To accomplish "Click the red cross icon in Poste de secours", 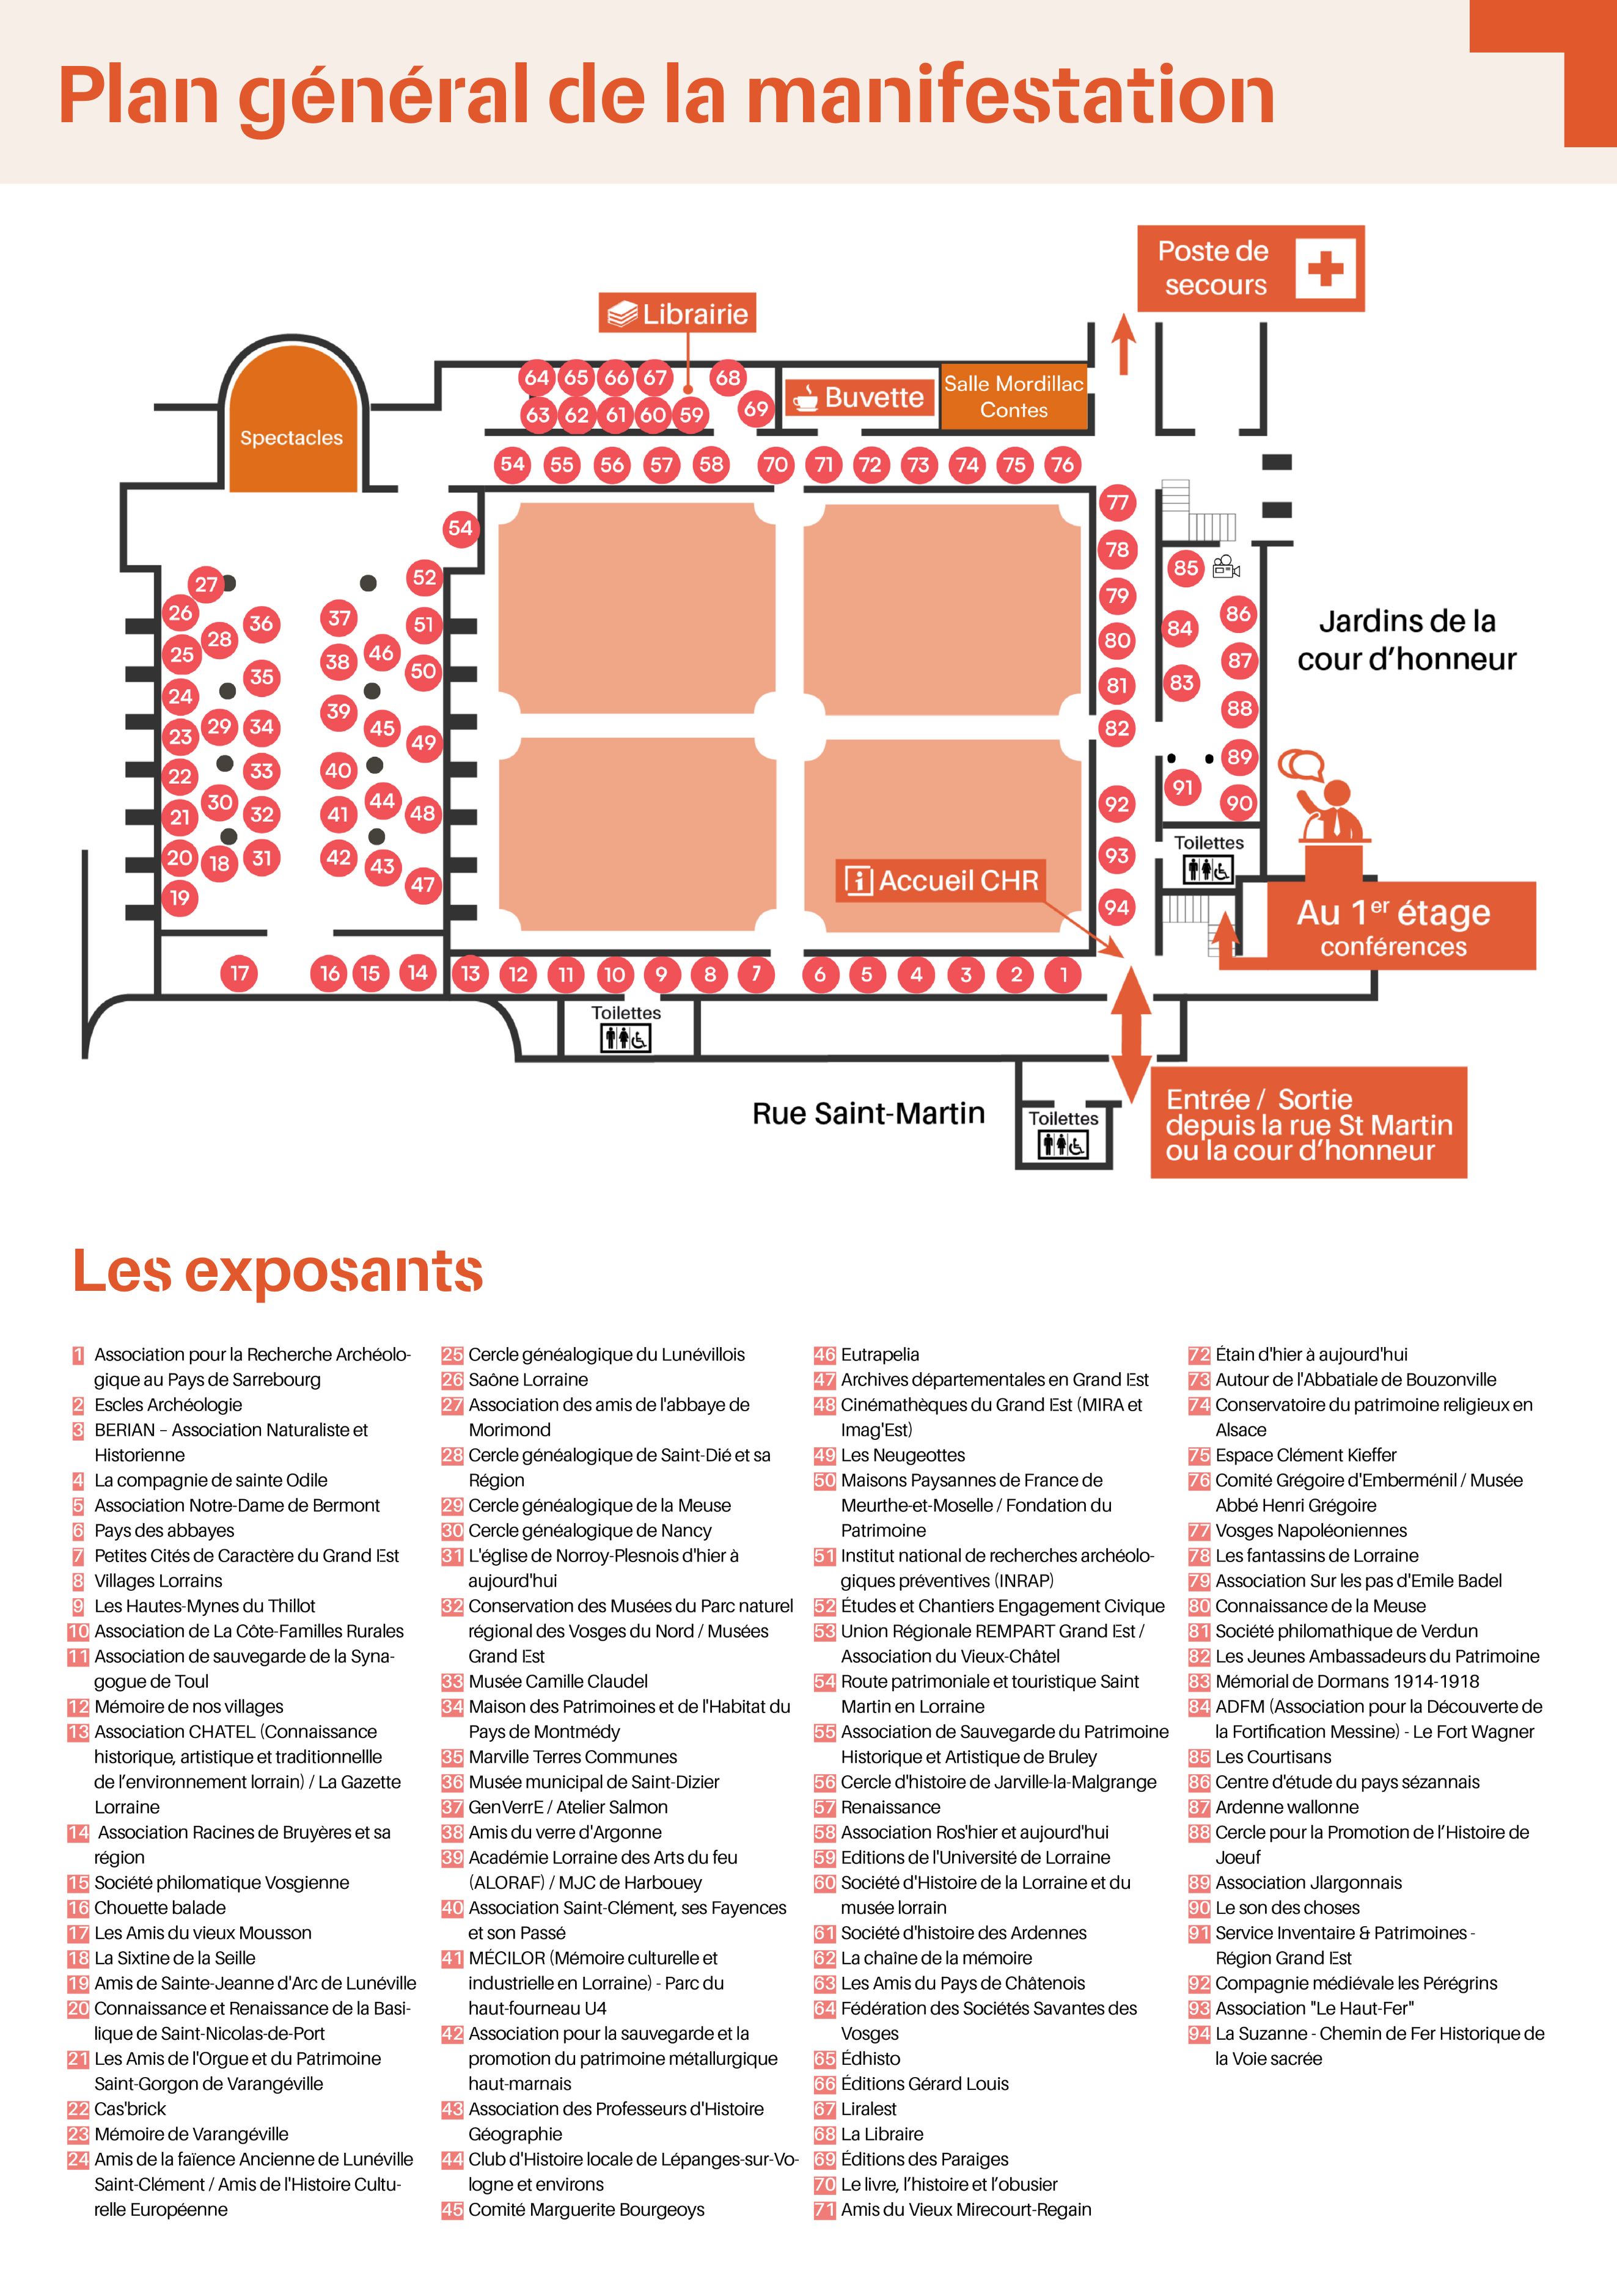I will tap(1325, 268).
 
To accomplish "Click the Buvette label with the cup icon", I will tap(858, 397).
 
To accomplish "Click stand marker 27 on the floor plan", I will tap(206, 585).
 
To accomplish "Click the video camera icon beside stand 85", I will tap(1226, 568).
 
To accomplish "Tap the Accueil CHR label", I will tap(941, 880).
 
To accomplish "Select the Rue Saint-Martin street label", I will tap(868, 1113).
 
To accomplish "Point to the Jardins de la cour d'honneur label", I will tap(1406, 640).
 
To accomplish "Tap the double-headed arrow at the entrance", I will tap(1131, 1035).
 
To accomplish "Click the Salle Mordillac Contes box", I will tap(1014, 396).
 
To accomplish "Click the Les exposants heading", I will tap(278, 1271).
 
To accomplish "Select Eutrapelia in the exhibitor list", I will tap(880, 1354).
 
